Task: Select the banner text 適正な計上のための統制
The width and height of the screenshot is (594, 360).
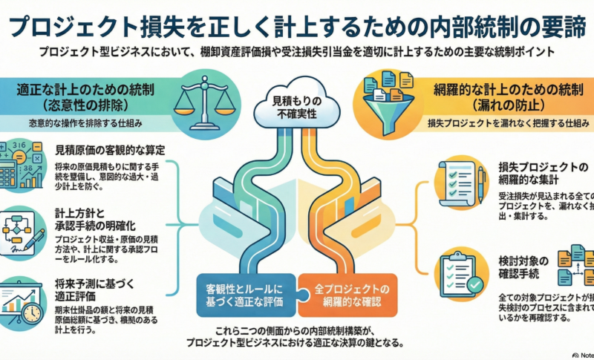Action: point(89,90)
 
